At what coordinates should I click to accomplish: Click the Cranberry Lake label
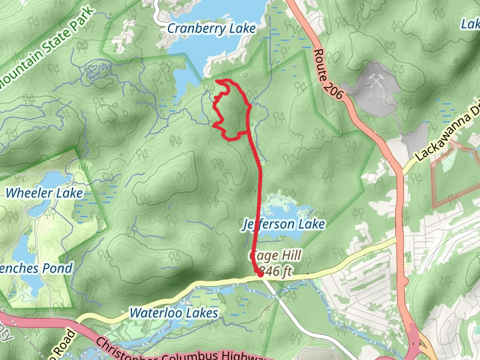click(211, 28)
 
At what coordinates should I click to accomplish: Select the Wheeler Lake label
click(44, 193)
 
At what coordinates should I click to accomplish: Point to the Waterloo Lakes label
click(173, 313)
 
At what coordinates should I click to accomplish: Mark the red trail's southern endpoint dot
click(259, 272)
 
